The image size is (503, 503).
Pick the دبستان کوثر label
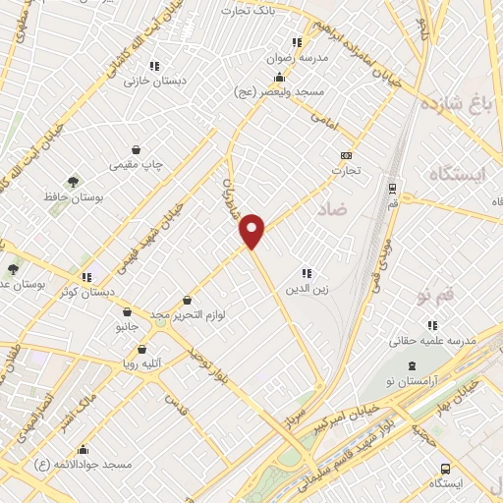coord(85,292)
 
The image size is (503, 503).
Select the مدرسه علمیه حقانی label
coord(431,340)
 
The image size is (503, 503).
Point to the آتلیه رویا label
coord(141,363)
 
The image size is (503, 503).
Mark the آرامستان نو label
coord(411,380)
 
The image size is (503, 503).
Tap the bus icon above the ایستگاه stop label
coord(445,469)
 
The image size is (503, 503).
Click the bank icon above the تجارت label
coord(345,155)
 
